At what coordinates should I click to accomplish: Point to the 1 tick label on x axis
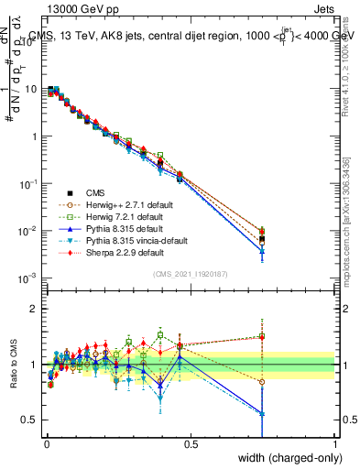(x=334, y=443)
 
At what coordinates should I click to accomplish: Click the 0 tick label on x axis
(x=45, y=443)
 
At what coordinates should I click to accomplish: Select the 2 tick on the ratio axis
(x=35, y=309)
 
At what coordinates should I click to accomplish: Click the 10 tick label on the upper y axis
(x=32, y=90)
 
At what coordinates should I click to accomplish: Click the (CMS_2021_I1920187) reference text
(x=190, y=274)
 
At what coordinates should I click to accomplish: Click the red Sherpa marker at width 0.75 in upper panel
(x=262, y=231)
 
